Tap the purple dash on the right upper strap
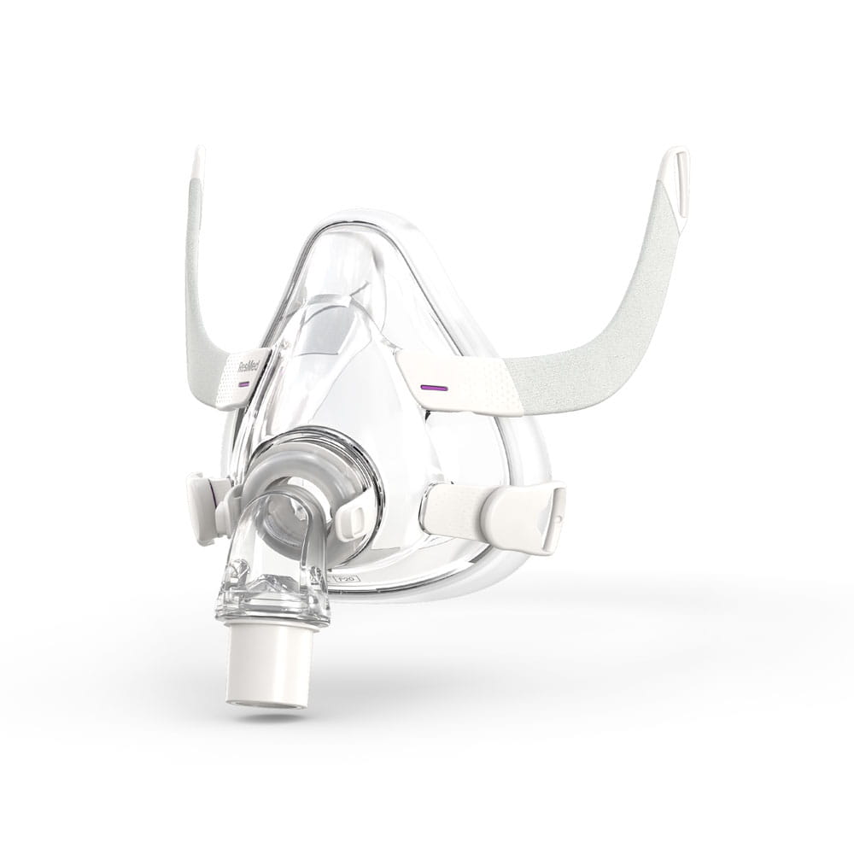434,388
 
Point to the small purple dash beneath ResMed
243,384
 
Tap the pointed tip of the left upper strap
199,162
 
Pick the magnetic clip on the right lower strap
523,516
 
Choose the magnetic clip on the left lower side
203,509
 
